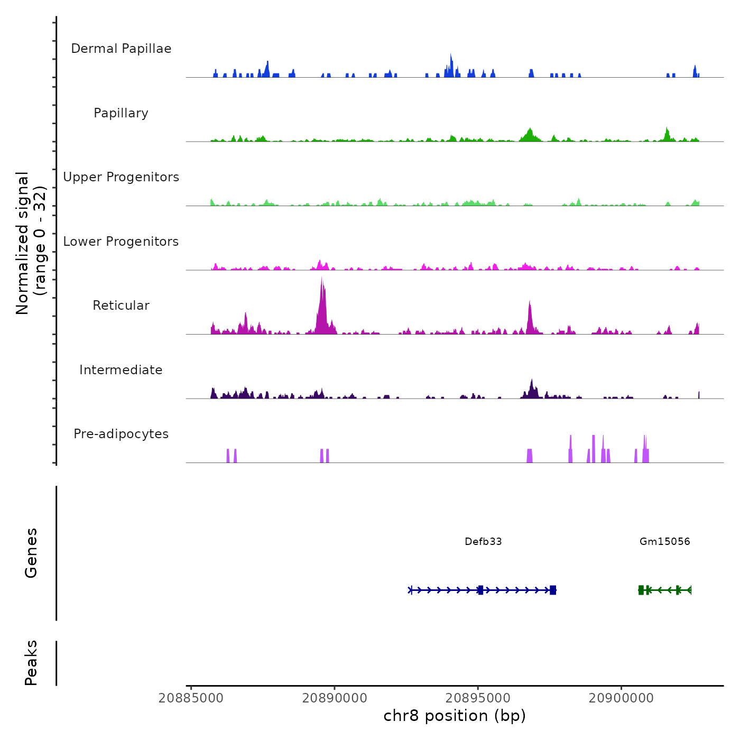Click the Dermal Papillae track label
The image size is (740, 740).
121,49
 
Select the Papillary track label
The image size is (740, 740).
121,113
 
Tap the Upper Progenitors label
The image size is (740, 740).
121,177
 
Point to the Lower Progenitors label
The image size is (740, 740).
121,242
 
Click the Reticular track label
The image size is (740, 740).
121,306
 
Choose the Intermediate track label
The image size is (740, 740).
121,370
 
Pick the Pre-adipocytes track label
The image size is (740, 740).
121,434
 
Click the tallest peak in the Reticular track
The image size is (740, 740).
321,279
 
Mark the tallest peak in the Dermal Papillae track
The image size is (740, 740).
451,55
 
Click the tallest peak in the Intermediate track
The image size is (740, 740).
532,380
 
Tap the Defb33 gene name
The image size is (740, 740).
483,541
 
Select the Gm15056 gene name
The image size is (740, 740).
664,541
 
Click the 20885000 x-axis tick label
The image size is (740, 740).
191,698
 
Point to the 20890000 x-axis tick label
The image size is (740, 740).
335,698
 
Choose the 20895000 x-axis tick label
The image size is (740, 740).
478,698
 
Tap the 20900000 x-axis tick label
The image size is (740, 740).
621,698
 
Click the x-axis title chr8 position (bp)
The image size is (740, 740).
455,716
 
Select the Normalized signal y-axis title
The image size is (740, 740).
31,243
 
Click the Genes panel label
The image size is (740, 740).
31,553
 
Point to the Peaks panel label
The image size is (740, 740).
31,663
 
